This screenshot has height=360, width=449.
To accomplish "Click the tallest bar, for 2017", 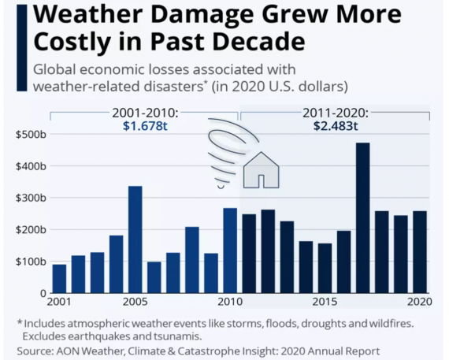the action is tap(363, 217).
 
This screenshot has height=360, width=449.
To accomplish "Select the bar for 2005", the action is tap(135, 239).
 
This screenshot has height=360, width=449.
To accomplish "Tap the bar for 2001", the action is tap(59, 279).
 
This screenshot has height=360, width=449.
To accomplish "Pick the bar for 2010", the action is tap(230, 251).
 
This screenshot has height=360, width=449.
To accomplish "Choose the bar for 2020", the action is tap(420, 252).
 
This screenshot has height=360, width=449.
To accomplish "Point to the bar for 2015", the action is tap(325, 268).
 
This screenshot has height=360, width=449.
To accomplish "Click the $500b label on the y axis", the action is tap(31, 134).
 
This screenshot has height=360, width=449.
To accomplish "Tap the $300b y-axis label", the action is tap(31, 198).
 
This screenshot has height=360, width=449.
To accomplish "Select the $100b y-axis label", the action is tap(31, 262).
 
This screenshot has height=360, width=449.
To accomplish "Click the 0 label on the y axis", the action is tap(43, 293).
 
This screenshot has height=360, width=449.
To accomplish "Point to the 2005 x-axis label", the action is tap(135, 302).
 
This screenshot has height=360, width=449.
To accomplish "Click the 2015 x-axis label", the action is tap(325, 302).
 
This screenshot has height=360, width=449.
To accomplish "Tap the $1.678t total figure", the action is tap(145, 126).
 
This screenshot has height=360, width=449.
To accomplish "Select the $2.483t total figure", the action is tap(336, 126).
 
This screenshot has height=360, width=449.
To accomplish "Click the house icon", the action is tap(261, 170).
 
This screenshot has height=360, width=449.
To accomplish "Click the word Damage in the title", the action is tap(202, 15).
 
